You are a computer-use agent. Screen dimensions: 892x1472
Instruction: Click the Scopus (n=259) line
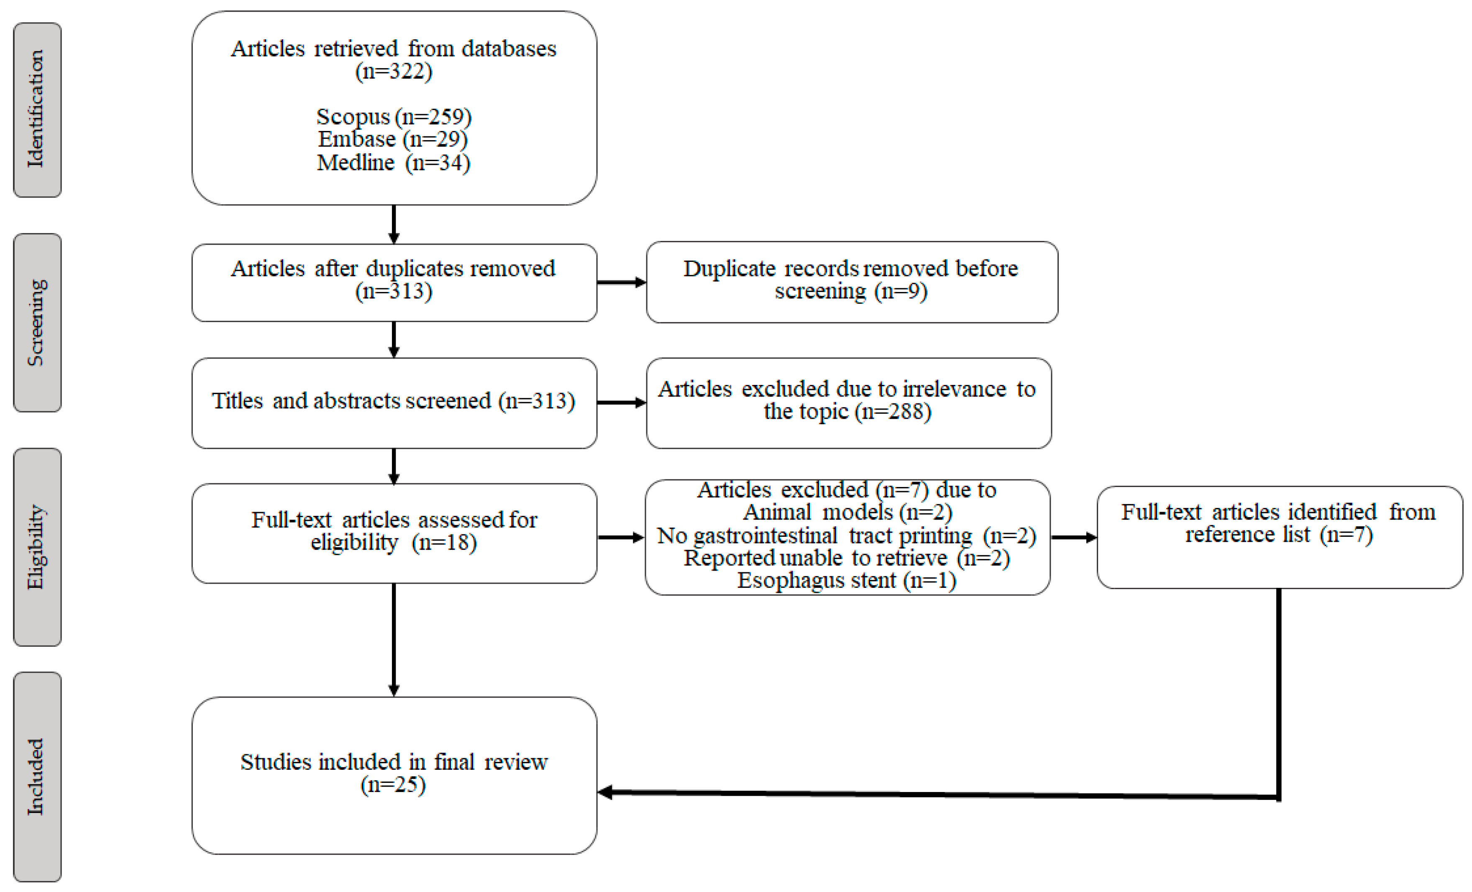pos(394,116)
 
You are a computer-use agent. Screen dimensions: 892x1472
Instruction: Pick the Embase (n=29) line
pos(392,139)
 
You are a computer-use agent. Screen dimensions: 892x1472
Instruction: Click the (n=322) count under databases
pos(394,71)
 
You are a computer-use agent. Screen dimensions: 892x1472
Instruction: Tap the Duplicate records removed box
pos(851,282)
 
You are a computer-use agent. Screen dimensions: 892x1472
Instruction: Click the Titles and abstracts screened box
pos(394,401)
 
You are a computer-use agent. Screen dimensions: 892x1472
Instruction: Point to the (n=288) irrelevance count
pos(893,412)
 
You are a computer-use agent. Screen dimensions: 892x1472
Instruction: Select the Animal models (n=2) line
pos(847,513)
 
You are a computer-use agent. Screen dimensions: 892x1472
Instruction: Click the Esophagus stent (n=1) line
pos(846,581)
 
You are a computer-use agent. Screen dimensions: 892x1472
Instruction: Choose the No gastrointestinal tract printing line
pos(846,535)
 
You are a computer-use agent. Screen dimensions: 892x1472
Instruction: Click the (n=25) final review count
pos(393,784)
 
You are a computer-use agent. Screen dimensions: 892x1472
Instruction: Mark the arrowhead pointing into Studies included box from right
pos(604,792)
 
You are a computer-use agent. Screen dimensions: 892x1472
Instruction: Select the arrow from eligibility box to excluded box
pos(620,538)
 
